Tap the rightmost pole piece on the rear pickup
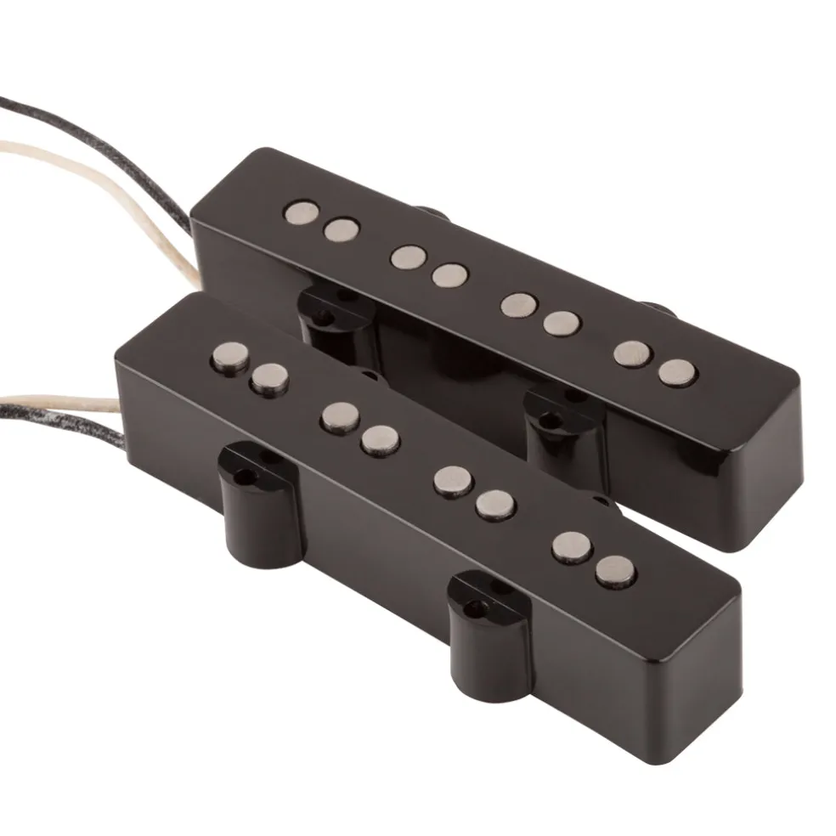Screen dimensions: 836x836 tap(676, 370)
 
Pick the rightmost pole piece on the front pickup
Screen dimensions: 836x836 tap(615, 571)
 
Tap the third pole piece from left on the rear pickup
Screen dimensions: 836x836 tap(409, 256)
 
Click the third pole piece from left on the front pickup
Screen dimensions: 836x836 tap(341, 415)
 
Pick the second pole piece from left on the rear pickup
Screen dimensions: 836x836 tap(342, 229)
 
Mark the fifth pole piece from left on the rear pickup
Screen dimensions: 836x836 tap(517, 304)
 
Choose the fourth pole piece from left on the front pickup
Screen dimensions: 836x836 tap(380, 438)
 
